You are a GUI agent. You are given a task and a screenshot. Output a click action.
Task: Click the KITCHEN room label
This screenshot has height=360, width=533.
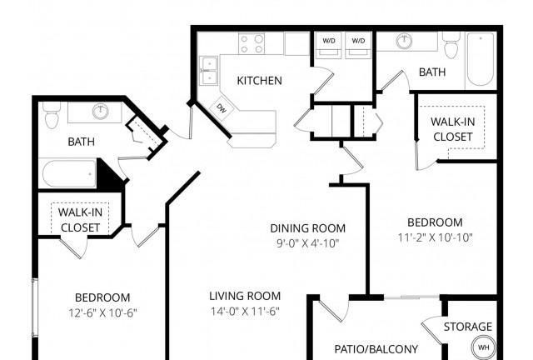point(259,81)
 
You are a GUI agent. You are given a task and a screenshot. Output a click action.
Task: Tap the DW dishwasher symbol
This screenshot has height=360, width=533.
point(222,109)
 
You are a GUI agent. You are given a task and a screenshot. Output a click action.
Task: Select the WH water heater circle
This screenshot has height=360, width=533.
point(483,347)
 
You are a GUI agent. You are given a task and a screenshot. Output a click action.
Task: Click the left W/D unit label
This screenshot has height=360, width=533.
point(329,41)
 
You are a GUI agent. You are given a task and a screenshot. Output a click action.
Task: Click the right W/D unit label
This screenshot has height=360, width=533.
point(358,41)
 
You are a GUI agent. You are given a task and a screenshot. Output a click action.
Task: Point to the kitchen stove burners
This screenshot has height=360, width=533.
point(252,43)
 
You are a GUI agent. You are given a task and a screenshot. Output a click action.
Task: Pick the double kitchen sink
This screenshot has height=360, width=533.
point(209,71)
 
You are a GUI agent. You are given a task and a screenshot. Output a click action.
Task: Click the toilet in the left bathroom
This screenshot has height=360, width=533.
point(52,115)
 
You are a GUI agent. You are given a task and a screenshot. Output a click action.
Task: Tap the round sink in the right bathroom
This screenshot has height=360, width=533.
point(404,41)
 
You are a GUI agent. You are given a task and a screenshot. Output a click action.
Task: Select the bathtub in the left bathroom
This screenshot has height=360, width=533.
point(69,173)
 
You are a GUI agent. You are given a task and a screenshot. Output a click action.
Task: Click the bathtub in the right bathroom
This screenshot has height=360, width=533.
point(481,59)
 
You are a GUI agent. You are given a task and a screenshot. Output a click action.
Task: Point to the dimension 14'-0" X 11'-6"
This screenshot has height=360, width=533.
point(245,312)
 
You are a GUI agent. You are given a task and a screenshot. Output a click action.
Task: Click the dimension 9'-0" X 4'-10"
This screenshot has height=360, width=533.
point(307,243)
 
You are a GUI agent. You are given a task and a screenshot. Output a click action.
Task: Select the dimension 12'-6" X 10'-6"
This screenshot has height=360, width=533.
point(102,312)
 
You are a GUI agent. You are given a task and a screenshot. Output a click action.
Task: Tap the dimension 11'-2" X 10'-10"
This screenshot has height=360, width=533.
point(435,237)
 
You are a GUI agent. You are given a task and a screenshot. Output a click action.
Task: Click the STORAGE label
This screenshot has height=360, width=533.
point(468,327)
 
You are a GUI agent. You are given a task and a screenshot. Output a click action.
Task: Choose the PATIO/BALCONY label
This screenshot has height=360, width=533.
point(376,349)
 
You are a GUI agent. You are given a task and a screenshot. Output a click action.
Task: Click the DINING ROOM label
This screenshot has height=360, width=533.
point(307,228)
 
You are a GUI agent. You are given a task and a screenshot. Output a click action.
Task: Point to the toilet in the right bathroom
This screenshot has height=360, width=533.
point(451,45)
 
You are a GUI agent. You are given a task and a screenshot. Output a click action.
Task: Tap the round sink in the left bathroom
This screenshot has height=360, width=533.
point(101,112)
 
